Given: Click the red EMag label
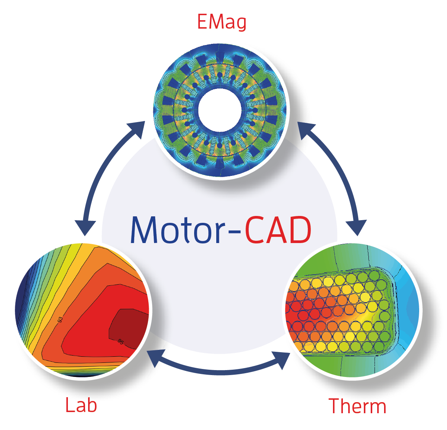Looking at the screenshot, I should coord(222,22).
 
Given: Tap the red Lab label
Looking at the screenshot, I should coord(81,405).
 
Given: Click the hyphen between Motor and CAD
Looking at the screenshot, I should coord(236,231).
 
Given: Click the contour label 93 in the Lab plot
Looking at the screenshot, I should coord(61,320).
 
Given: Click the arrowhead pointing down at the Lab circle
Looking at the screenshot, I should coord(85,227).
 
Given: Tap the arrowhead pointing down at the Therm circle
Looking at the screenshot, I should coord(357,227).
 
